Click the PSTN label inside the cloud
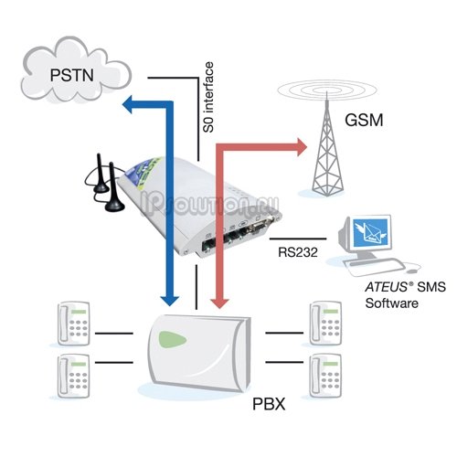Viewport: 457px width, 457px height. click(71, 75)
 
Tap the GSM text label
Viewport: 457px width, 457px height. click(364, 120)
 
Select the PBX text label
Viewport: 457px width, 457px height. click(269, 404)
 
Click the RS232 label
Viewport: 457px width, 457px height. click(298, 252)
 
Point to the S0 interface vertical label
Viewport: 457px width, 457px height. click(208, 97)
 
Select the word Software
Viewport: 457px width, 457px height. click(391, 303)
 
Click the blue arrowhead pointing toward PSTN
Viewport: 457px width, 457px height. click(127, 104)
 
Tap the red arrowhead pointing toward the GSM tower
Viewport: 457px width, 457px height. click(302, 147)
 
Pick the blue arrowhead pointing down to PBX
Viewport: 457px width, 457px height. click(169, 301)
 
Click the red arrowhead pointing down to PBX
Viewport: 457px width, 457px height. click(220, 303)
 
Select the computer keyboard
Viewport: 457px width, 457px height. click(374, 266)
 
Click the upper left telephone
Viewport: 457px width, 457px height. click(74, 324)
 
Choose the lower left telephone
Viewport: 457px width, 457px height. click(74, 376)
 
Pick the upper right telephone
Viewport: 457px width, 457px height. click(325, 324)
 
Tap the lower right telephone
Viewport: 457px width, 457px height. click(325, 376)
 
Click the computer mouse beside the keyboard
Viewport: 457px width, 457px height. click(411, 271)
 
